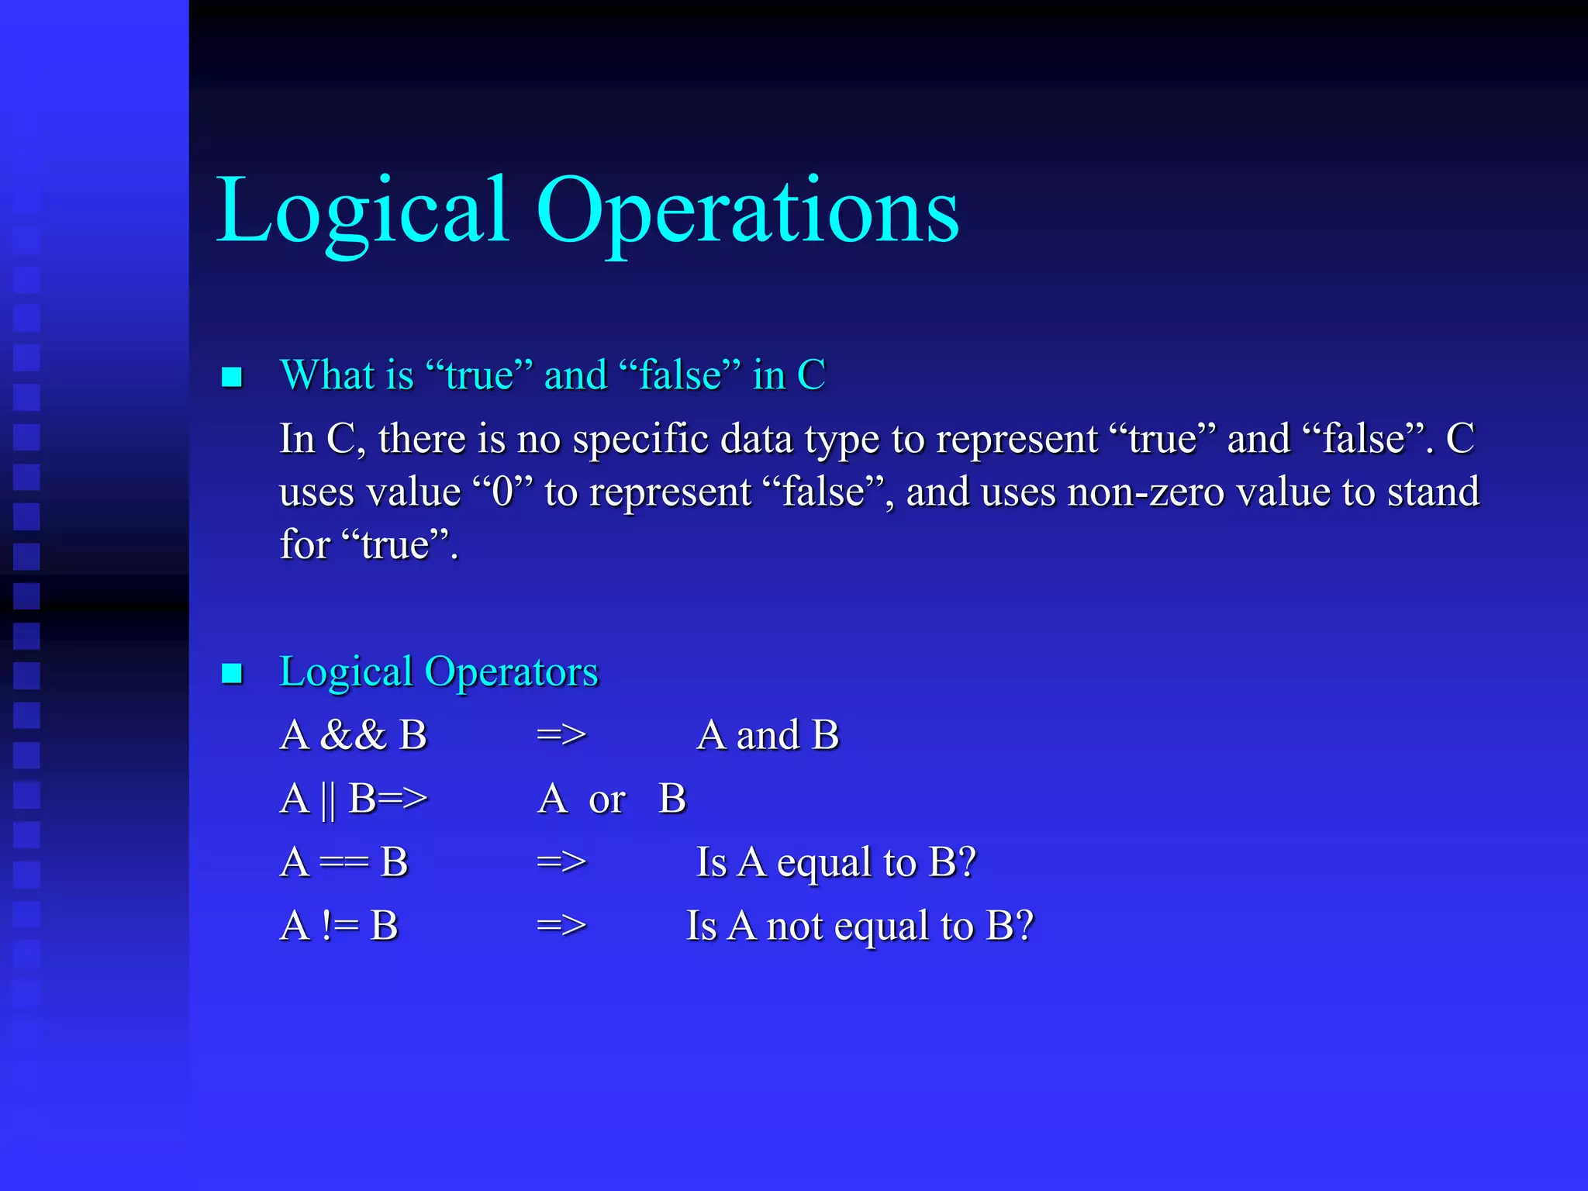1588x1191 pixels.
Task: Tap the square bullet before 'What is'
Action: click(232, 378)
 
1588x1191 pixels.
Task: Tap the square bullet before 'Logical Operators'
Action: click(232, 673)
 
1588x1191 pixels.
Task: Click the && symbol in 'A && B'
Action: click(353, 735)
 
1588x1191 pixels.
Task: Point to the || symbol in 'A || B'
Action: click(328, 799)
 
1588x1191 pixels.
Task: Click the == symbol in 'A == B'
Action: click(343, 863)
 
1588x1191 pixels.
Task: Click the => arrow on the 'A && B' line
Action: click(561, 735)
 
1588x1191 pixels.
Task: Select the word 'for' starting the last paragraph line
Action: click(305, 544)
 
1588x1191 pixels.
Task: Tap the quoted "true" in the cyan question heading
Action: click(478, 375)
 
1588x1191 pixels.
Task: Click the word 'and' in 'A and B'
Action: click(767, 735)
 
